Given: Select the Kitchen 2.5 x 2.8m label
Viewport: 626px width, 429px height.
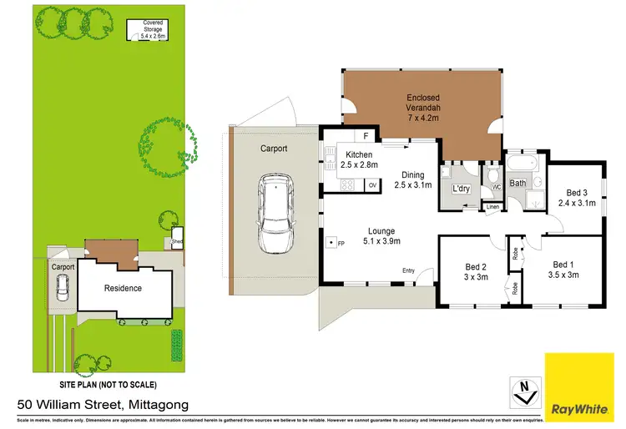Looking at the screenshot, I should [x=359, y=159].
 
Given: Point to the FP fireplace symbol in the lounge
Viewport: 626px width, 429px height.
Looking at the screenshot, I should [x=333, y=243].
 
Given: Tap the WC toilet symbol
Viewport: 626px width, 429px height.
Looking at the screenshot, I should [x=494, y=176].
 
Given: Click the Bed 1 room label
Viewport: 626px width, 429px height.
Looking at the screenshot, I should [x=563, y=269].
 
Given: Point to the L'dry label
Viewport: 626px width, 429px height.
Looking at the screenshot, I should [x=461, y=189].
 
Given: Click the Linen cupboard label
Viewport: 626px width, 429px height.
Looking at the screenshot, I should [x=492, y=206].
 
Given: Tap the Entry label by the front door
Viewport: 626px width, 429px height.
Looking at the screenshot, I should [x=408, y=270].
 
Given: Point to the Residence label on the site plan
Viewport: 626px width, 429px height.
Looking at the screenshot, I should [x=123, y=289].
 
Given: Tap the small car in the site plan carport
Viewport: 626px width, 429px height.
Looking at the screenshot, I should [x=63, y=288].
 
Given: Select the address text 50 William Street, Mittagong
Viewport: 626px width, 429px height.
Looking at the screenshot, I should [x=102, y=405].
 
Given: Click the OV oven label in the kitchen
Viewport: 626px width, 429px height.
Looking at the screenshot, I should [x=373, y=184].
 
